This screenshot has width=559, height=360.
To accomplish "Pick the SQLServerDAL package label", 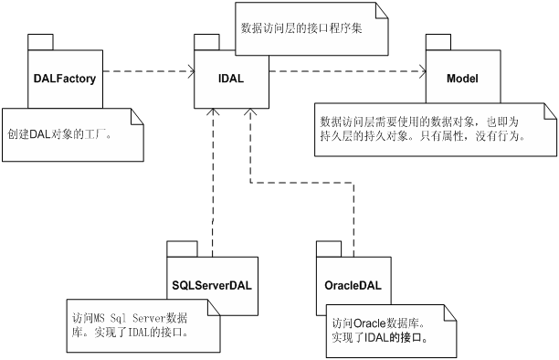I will pyautogui.click(x=211, y=284).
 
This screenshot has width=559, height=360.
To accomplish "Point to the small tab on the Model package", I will pyautogui.click(x=438, y=40).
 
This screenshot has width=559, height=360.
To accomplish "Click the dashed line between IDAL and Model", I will pyautogui.click(x=347, y=69).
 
